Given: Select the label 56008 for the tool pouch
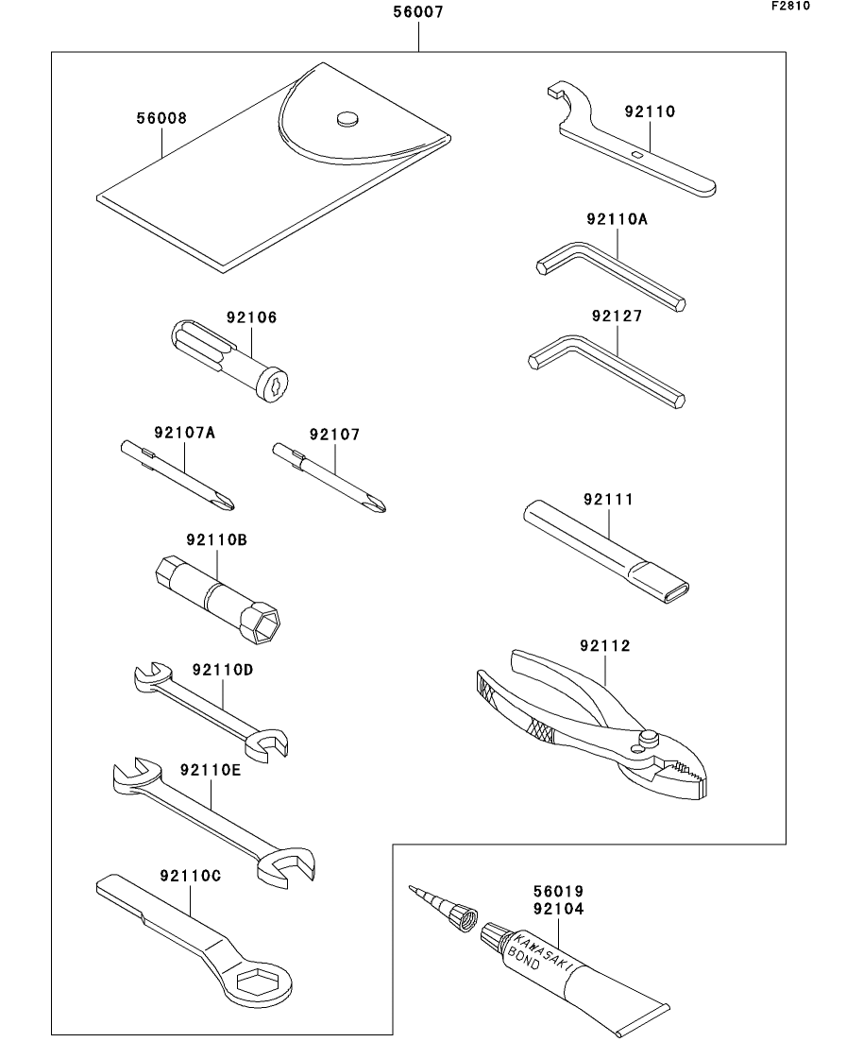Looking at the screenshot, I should pyautogui.click(x=161, y=119).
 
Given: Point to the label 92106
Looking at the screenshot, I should pyautogui.click(x=251, y=317).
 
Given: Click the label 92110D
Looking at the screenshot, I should pyautogui.click(x=223, y=670).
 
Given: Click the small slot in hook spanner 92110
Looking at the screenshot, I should pyautogui.click(x=639, y=153).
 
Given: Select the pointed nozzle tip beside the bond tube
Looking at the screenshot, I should pyautogui.click(x=413, y=888).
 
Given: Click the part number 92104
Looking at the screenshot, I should pyautogui.click(x=557, y=909).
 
